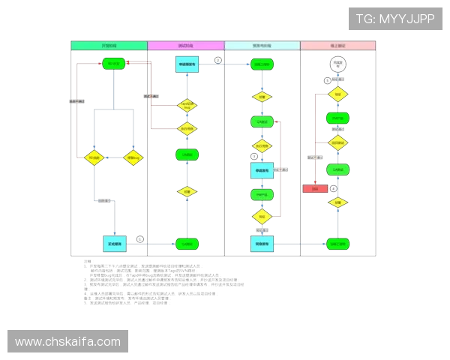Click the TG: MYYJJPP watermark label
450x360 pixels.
click(394, 18)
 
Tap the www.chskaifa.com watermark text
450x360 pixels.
click(68, 342)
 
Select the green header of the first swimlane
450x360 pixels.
click(109, 46)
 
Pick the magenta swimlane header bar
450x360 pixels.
click(186, 46)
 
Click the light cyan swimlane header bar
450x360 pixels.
click(262, 46)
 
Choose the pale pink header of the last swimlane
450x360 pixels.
click(337, 46)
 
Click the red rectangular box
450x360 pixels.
click(315, 188)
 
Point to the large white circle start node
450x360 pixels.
click(337, 65)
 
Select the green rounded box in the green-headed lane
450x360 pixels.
click(113, 64)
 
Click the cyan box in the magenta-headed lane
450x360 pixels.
click(187, 64)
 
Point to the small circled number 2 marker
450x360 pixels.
click(217, 60)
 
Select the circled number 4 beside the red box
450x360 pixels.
click(334, 188)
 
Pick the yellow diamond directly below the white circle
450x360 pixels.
click(338, 94)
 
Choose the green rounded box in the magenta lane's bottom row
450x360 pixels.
click(187, 243)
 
